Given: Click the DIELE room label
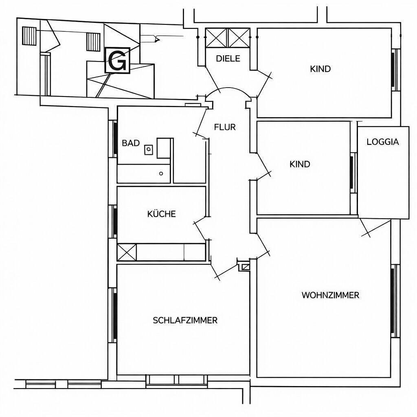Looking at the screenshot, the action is coord(228,59).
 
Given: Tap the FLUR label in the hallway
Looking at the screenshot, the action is coord(225,127).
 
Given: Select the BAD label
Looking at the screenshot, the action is coord(131,143).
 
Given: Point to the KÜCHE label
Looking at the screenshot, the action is coord(161,214).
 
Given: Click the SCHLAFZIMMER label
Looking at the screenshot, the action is coord(185,320).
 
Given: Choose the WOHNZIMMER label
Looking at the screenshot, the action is coord(330,295).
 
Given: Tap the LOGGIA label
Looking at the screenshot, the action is coord(383,142).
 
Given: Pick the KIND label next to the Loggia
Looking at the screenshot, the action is coord(300,164).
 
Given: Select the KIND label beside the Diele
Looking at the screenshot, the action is coord(320,69).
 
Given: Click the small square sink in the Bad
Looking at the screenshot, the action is coord(149,149).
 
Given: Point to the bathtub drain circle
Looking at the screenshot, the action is coord(161,173).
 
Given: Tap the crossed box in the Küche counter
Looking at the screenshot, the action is coord(127,252).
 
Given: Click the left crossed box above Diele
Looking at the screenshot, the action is coord(216,38).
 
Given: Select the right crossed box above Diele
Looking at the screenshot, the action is coord(239,38).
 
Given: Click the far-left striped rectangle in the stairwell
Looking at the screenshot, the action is coord(29,36).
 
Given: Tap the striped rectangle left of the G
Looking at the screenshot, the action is coord(93,42).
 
